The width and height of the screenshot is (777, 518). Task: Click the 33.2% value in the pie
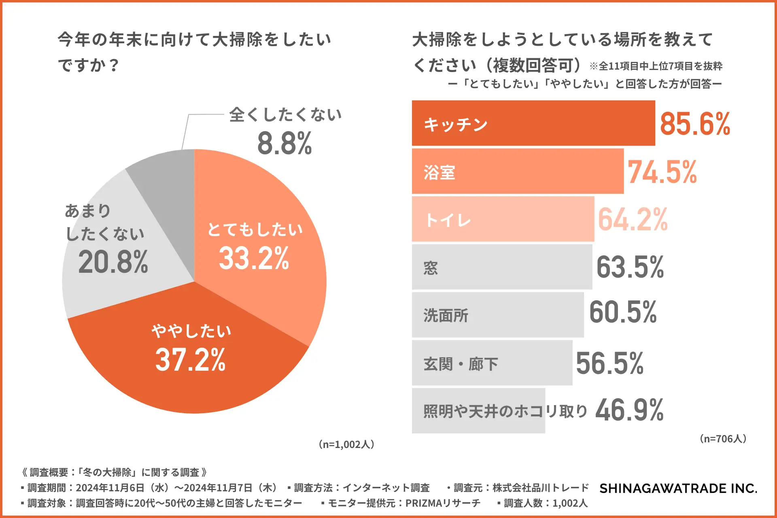click(254, 258)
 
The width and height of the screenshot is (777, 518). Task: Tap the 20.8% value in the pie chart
click(113, 262)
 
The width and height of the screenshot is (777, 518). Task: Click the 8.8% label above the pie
click(284, 143)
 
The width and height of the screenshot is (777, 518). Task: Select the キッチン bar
click(533, 123)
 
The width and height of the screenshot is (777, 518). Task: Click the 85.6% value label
click(695, 124)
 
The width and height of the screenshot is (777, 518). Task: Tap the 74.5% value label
click(662, 172)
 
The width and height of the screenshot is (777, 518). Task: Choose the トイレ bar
click(503, 219)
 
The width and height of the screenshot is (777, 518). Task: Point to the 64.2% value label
click(633, 219)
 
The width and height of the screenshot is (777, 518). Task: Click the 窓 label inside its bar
click(431, 268)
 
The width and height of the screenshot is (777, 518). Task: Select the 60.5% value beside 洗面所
click(623, 312)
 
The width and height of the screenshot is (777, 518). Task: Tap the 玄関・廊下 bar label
click(461, 364)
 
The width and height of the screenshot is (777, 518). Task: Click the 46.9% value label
click(629, 410)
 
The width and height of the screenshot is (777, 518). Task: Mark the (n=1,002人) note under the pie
click(346, 444)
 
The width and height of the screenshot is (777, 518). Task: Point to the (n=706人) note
click(723, 439)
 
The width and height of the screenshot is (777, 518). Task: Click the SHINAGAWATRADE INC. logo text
click(678, 488)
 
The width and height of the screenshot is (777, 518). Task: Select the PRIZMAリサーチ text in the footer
click(443, 503)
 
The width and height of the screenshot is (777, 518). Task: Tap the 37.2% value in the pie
click(190, 359)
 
